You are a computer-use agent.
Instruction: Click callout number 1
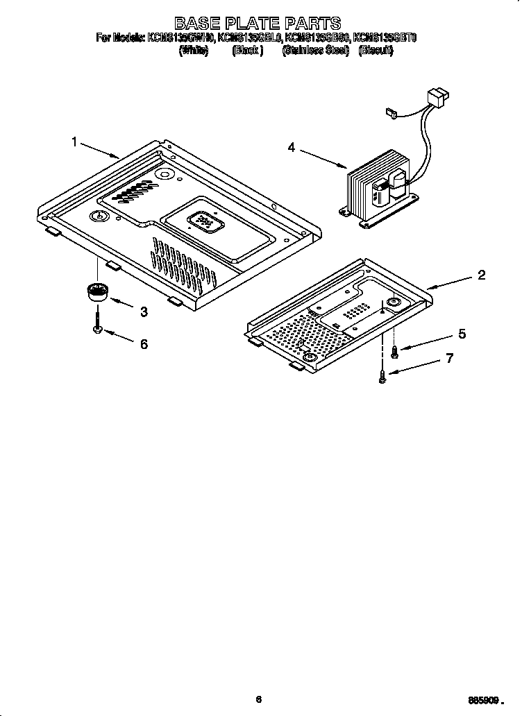coord(74,142)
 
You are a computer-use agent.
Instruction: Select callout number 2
coord(481,275)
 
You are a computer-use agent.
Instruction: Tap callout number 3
coord(144,312)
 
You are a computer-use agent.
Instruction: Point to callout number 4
coord(292,147)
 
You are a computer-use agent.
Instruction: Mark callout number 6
coord(144,343)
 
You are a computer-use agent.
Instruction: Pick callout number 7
coord(449,358)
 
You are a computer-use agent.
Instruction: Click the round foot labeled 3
coord(96,292)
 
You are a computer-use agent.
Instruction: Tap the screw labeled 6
coord(97,323)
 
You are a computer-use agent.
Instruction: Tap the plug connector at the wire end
coord(439,96)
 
